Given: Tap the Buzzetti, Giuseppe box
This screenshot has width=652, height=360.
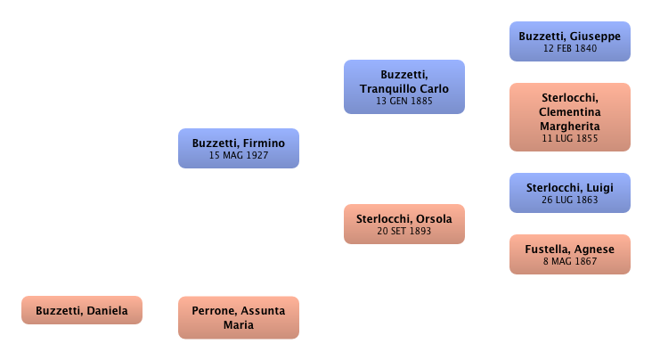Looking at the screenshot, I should click(x=569, y=41).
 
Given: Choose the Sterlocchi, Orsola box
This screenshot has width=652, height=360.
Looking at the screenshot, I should click(x=403, y=224).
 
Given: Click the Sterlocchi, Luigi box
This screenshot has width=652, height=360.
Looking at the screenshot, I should click(x=569, y=192).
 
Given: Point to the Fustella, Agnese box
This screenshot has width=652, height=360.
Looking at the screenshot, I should click(x=569, y=255).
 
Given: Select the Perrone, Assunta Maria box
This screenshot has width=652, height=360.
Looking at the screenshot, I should click(x=239, y=317).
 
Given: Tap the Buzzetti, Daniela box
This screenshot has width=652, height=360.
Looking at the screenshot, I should click(x=82, y=311).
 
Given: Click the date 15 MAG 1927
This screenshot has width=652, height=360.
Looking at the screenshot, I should click(x=239, y=155).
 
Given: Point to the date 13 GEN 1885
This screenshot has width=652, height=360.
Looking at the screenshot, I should click(x=403, y=102).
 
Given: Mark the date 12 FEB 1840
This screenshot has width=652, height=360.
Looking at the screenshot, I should click(x=569, y=48).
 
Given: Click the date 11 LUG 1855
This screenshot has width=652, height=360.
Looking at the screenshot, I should click(x=569, y=139).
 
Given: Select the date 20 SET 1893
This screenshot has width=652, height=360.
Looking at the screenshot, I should click(x=403, y=231).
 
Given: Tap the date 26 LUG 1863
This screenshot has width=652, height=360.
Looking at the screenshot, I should click(x=569, y=200).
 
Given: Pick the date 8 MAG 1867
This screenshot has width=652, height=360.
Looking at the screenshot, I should click(x=569, y=262).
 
